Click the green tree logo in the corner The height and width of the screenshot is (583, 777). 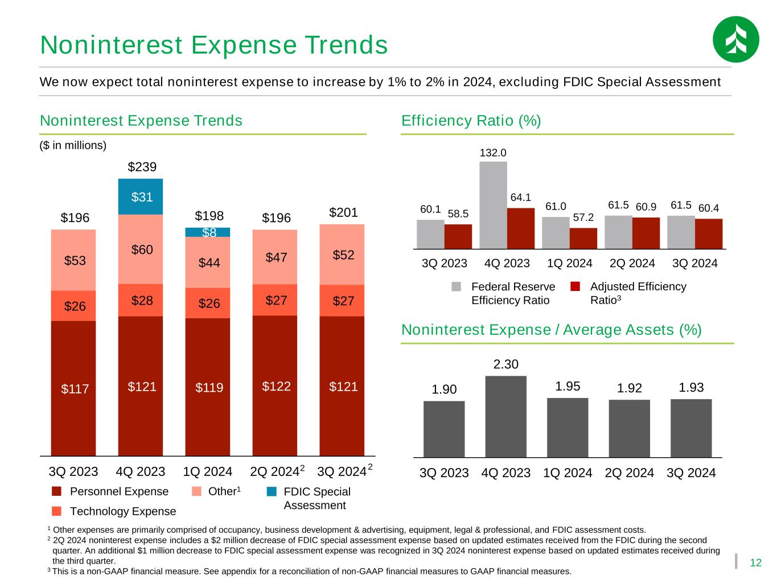pos(735,39)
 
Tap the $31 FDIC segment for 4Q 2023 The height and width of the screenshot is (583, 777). pos(141,197)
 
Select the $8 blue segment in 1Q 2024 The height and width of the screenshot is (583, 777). pos(208,232)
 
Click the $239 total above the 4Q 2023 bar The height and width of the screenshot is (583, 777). pos(142,167)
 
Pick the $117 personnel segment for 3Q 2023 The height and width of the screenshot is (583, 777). pos(73,388)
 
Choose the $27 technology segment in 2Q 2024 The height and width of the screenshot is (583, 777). pos(275,300)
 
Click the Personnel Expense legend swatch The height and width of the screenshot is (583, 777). pos(56,491)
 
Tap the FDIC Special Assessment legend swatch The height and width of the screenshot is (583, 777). pos(272,491)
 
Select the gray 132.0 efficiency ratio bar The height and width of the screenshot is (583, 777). pos(493,205)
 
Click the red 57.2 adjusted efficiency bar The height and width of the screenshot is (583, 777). pos(583,238)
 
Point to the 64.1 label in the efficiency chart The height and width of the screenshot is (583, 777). pos(520,198)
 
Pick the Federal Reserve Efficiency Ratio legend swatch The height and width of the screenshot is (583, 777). pos(457,286)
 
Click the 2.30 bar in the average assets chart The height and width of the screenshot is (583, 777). pos(505,416)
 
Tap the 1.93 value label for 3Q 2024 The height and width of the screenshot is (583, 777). pos(691,388)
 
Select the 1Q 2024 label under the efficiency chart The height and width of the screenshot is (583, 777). pos(569,264)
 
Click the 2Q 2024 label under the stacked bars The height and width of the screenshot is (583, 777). pos(274,472)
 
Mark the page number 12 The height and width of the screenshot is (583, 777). pos(755,563)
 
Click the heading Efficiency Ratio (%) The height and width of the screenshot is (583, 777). pos(471,121)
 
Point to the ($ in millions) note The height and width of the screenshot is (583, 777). pos(73,145)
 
